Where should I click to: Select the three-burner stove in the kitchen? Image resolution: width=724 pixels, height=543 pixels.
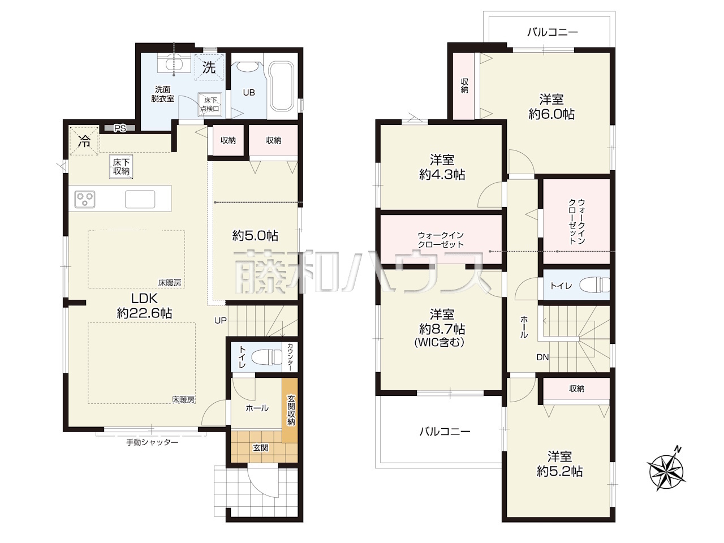point(85,199)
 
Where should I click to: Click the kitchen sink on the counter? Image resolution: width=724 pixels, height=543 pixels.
point(140,199)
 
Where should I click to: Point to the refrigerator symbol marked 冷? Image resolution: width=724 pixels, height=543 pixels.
point(84,140)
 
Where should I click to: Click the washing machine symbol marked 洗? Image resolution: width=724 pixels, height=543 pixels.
point(209,67)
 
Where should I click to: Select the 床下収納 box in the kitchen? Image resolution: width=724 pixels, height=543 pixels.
point(121,167)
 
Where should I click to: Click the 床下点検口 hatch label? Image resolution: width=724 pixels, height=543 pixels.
point(210,105)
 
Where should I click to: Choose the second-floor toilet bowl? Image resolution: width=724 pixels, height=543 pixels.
point(594,285)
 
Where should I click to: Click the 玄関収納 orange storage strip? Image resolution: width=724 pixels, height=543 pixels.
point(290,410)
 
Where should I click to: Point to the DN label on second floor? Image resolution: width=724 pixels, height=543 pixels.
point(542,357)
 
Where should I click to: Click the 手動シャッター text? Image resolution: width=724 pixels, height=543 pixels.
point(152,442)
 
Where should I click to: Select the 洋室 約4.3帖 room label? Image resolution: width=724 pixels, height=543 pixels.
point(442,167)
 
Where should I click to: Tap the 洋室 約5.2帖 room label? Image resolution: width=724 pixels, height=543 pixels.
point(560,464)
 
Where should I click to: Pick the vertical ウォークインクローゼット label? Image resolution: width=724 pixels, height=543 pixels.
point(577,221)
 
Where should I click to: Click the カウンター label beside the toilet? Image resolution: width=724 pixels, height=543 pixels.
point(290,357)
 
